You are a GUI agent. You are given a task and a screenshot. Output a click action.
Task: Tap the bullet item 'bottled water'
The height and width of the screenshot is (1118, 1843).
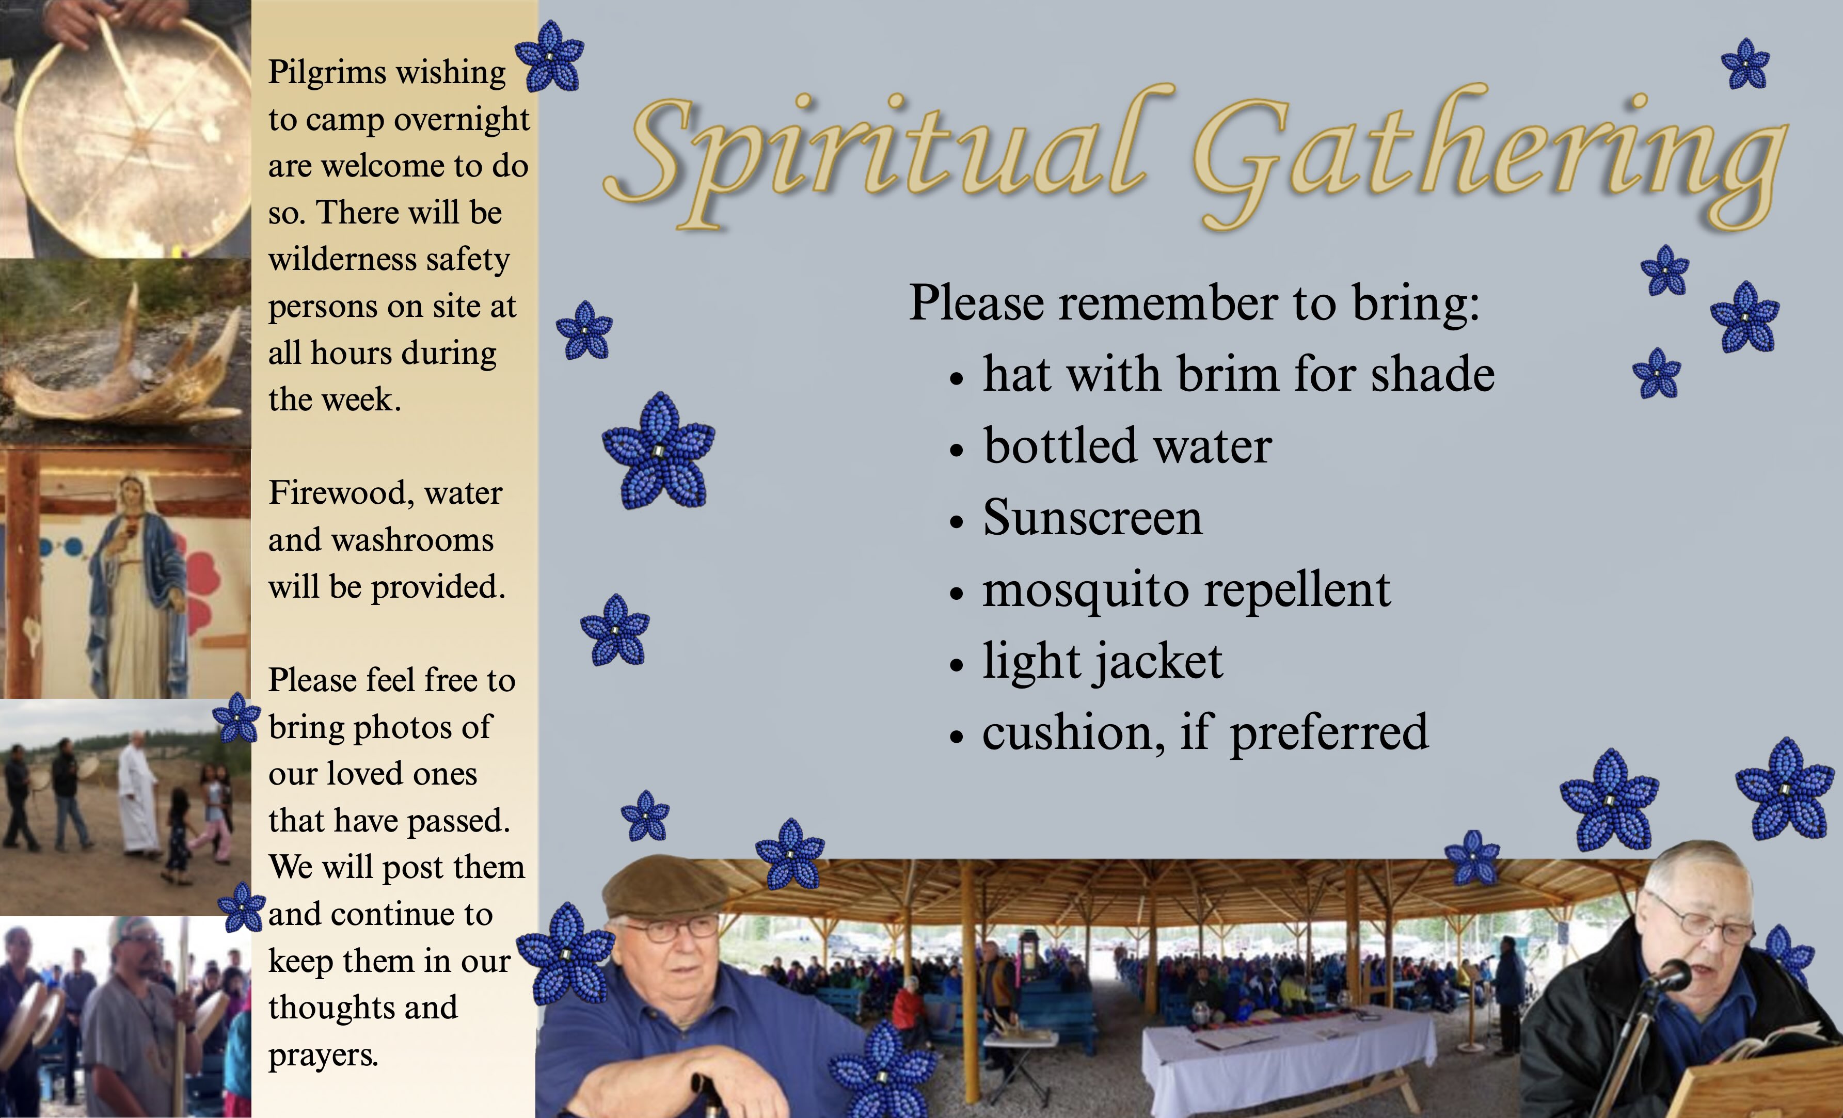point(1127,446)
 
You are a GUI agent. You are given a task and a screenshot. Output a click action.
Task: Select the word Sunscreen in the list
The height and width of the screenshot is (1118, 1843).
point(1093,518)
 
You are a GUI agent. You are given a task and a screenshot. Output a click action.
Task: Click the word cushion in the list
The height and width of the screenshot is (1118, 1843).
point(1073,733)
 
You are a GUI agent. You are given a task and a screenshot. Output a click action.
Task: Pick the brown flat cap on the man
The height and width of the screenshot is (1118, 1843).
point(664,887)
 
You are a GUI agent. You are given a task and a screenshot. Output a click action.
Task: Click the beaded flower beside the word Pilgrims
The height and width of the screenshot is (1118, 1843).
point(550,56)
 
